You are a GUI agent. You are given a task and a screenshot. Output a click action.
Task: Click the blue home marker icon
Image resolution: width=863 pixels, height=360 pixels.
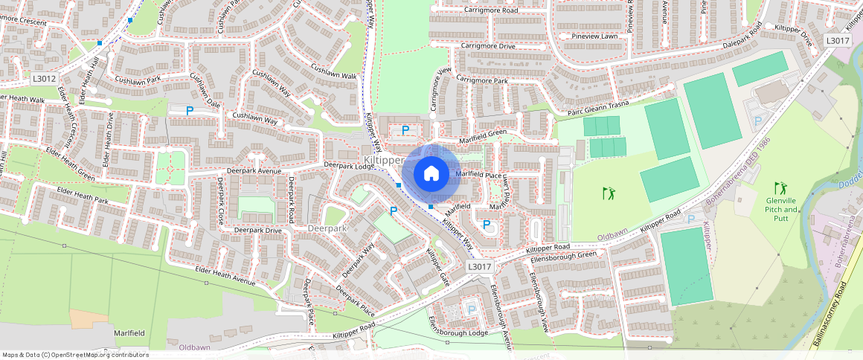(431, 175)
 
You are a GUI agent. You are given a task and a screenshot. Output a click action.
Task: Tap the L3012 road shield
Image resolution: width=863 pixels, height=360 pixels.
(45, 78)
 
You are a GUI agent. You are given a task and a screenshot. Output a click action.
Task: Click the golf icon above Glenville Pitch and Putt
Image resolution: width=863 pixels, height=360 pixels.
(780, 187)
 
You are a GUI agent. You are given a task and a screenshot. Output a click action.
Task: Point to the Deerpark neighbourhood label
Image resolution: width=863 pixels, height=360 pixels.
(327, 228)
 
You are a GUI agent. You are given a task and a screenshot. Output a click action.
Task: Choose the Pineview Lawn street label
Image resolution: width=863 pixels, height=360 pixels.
(590, 36)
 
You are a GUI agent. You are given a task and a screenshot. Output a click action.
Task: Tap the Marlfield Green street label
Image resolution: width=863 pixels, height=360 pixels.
(481, 133)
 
